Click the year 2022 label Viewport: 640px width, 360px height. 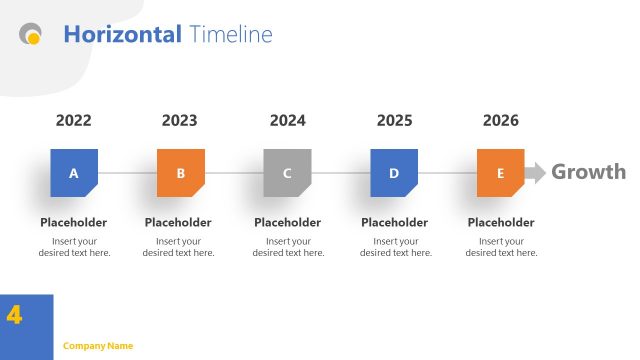(74, 121)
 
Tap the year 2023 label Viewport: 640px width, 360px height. (180, 121)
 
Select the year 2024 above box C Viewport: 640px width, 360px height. (288, 121)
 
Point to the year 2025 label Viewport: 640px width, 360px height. (395, 121)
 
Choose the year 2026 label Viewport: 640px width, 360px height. (501, 121)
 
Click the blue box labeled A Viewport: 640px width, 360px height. (74, 173)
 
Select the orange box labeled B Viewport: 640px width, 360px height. (181, 173)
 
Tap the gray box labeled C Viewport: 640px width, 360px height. (288, 173)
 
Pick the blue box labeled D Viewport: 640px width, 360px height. (394, 173)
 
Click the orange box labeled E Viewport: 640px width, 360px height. (501, 173)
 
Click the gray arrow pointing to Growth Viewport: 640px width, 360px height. (536, 172)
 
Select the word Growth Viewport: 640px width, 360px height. (588, 172)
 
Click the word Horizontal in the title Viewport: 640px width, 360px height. (122, 35)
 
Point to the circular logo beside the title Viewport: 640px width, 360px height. (31, 35)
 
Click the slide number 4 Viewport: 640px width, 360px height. (14, 315)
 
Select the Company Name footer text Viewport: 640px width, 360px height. (98, 346)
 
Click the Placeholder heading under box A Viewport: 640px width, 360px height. (74, 223)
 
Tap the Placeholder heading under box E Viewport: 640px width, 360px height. (501, 223)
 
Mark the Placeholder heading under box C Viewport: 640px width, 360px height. (288, 223)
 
